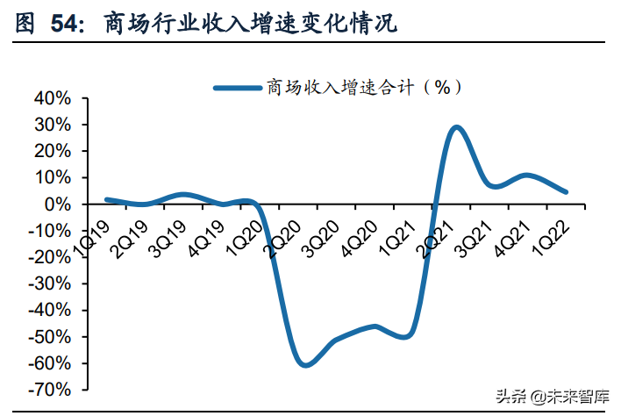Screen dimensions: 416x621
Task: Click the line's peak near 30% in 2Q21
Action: click(457, 127)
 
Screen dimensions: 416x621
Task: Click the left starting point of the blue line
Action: click(107, 200)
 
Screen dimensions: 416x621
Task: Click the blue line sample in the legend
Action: click(239, 86)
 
